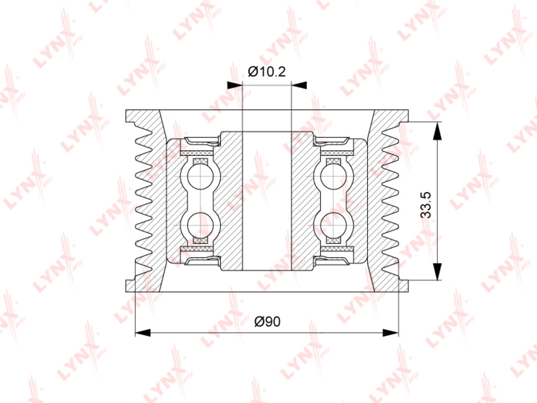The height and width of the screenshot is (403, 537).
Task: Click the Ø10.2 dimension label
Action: pyautogui.click(x=266, y=71)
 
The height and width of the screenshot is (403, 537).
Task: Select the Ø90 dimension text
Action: pyautogui.click(x=267, y=322)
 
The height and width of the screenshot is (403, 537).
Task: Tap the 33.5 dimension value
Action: pyautogui.click(x=426, y=205)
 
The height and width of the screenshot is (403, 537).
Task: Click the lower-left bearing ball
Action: pyautogui.click(x=200, y=225)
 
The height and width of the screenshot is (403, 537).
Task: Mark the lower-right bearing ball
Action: pyautogui.click(x=334, y=225)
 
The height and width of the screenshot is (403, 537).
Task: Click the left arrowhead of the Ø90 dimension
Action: pyautogui.click(x=143, y=332)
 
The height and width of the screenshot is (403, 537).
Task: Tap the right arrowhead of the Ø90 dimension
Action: pyautogui.click(x=391, y=332)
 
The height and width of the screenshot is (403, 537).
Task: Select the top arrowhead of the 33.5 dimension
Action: pyautogui.click(x=437, y=131)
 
